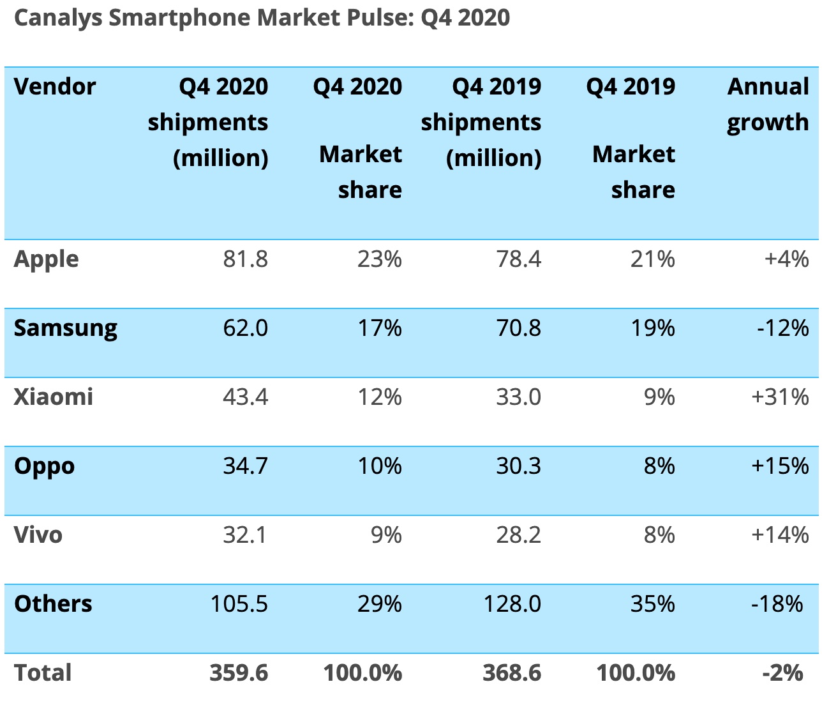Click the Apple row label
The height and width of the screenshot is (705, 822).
[47, 259]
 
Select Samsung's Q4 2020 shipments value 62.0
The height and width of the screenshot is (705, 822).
[245, 328]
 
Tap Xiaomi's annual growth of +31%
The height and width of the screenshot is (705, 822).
[780, 397]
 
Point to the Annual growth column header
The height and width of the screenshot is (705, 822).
[768, 104]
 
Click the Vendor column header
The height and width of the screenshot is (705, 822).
[55, 86]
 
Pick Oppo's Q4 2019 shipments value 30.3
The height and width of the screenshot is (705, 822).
[518, 466]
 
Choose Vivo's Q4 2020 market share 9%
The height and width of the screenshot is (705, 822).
[386, 535]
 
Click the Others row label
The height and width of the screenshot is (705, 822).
[53, 604]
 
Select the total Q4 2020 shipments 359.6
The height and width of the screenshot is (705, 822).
[239, 673]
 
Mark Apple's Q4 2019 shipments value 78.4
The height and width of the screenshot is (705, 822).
[518, 259]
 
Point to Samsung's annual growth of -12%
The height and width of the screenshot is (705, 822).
[782, 328]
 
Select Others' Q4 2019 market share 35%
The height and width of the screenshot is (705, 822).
[652, 604]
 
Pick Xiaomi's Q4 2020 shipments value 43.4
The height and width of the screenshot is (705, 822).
[245, 397]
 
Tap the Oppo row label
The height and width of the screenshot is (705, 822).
[45, 466]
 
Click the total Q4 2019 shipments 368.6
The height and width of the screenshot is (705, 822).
[512, 673]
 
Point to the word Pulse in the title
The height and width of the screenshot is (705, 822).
[381, 18]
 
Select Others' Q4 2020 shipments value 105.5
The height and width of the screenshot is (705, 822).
[239, 604]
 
